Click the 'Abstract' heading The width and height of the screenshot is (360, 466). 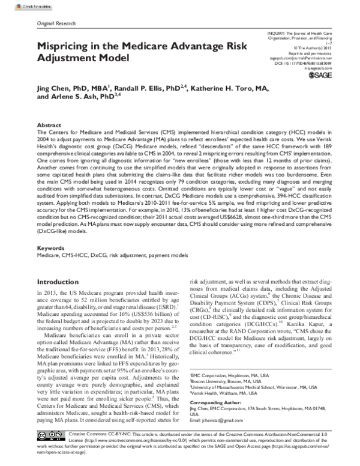[x=49, y=124]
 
